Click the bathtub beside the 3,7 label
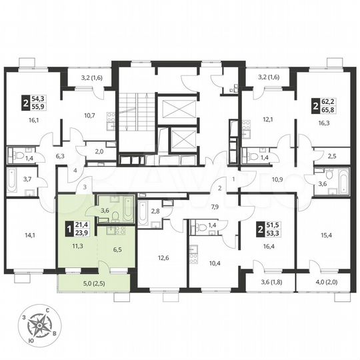coord(13,179)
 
